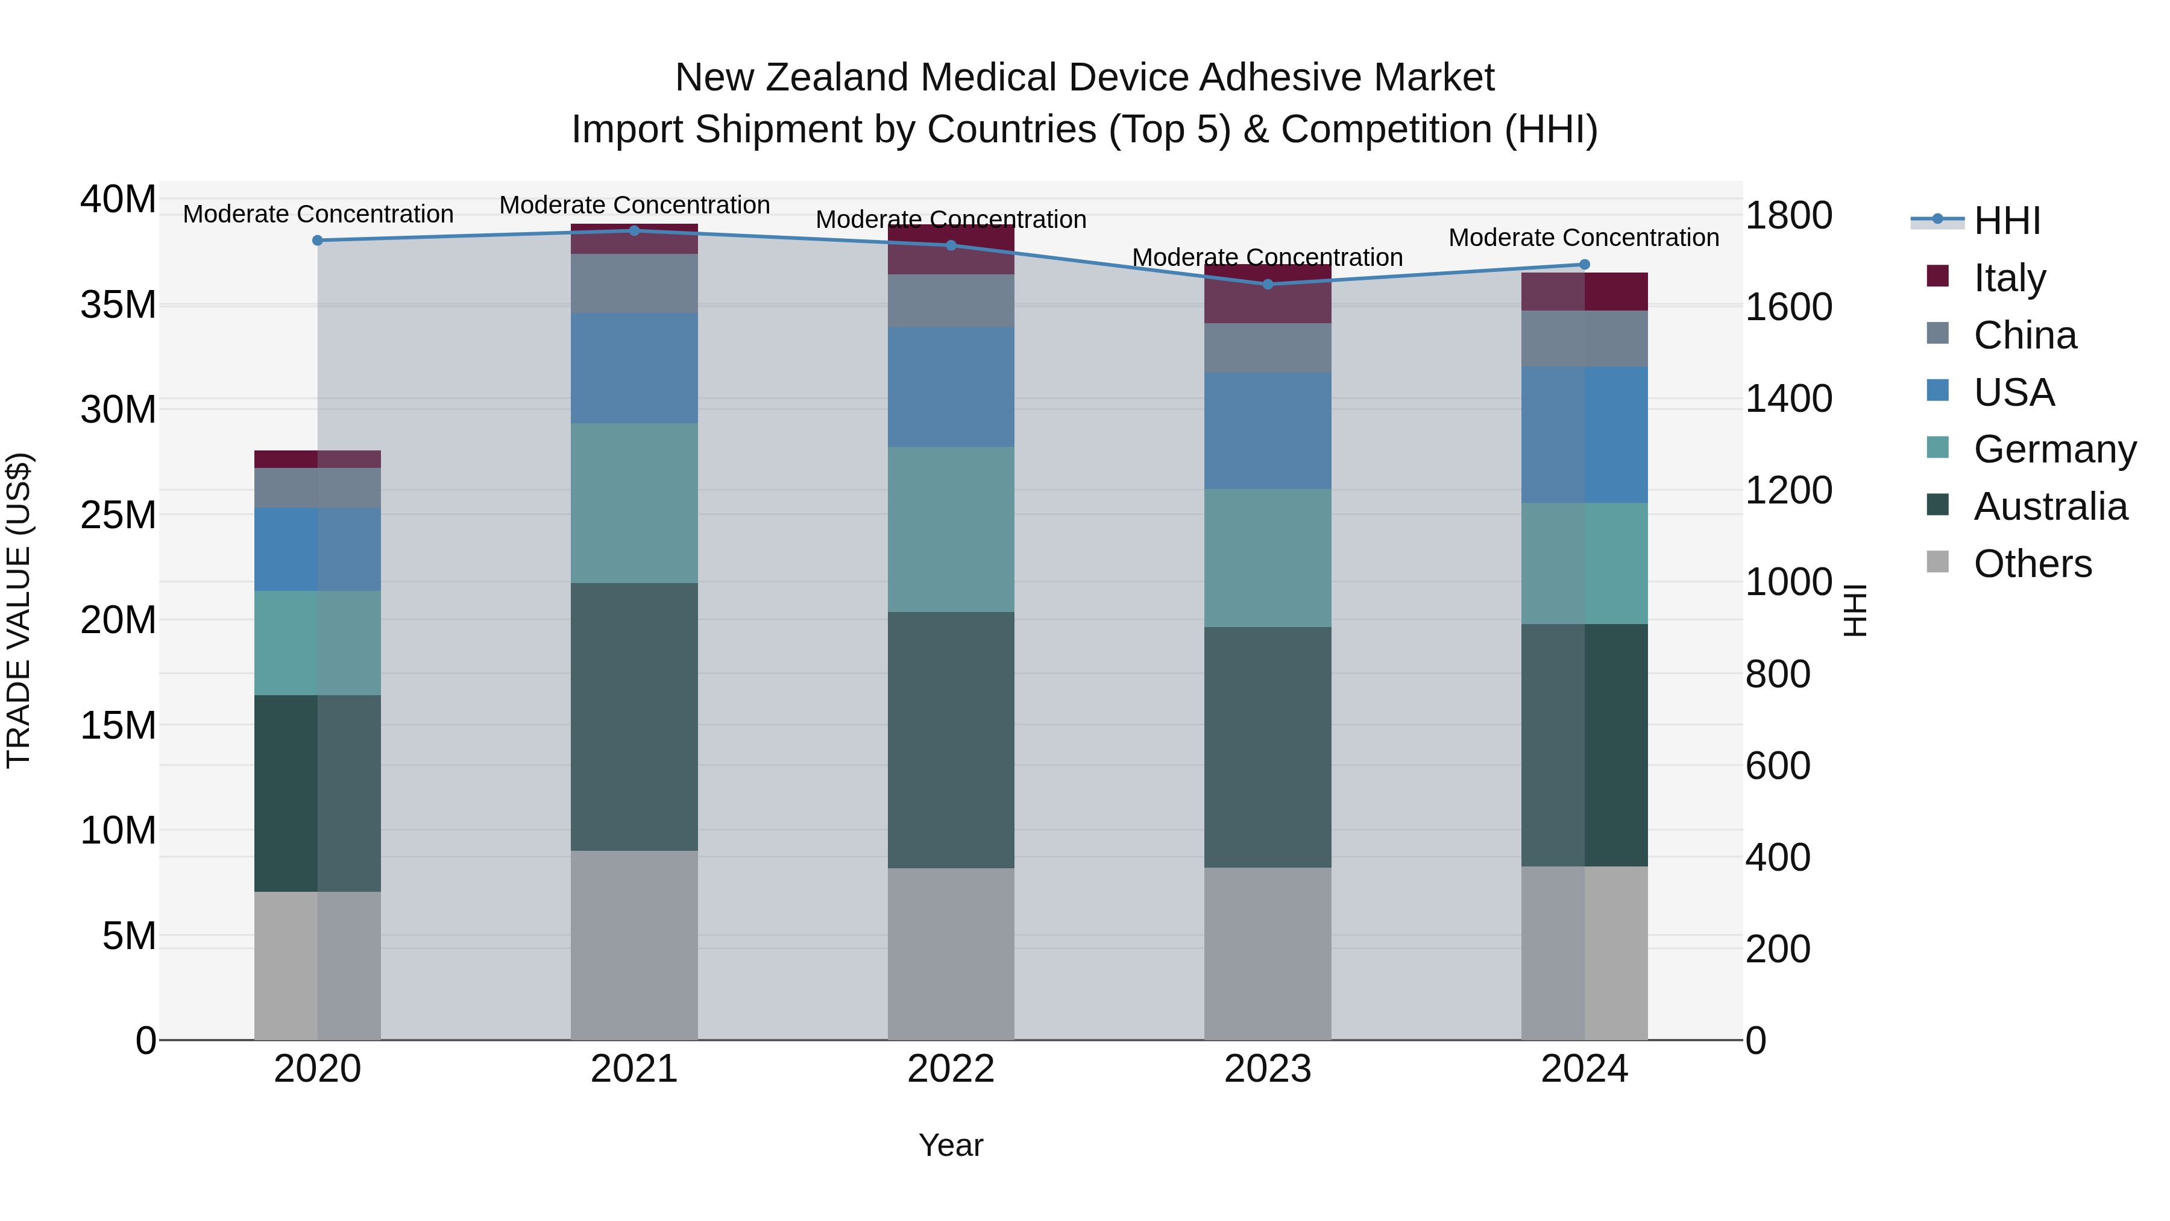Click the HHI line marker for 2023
1267,284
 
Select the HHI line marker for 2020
318,240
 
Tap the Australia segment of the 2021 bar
634,716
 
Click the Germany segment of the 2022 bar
951,529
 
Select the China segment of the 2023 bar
1267,348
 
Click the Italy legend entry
2008,278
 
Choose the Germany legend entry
2054,449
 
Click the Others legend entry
2032,564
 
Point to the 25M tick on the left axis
118,515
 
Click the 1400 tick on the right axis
1788,399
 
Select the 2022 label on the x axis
951,1069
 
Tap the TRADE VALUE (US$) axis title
19,610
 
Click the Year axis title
951,1145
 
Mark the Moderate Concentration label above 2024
1583,238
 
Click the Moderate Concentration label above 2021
634,205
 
